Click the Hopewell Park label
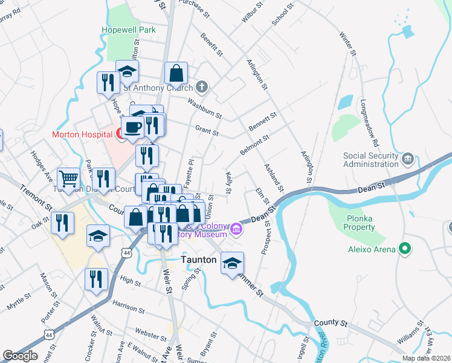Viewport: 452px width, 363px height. click(129, 30)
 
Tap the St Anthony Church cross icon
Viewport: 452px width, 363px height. click(202, 87)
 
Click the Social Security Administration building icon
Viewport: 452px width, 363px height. click(408, 159)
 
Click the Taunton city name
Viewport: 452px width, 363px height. click(199, 260)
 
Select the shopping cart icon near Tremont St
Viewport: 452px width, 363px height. click(68, 178)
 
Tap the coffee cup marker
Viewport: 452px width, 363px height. click(132, 127)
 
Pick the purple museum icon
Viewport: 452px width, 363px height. click(236, 229)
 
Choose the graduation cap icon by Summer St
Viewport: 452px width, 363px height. click(232, 263)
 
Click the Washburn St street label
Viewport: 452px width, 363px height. click(204, 108)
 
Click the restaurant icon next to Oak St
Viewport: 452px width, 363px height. click(62, 223)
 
